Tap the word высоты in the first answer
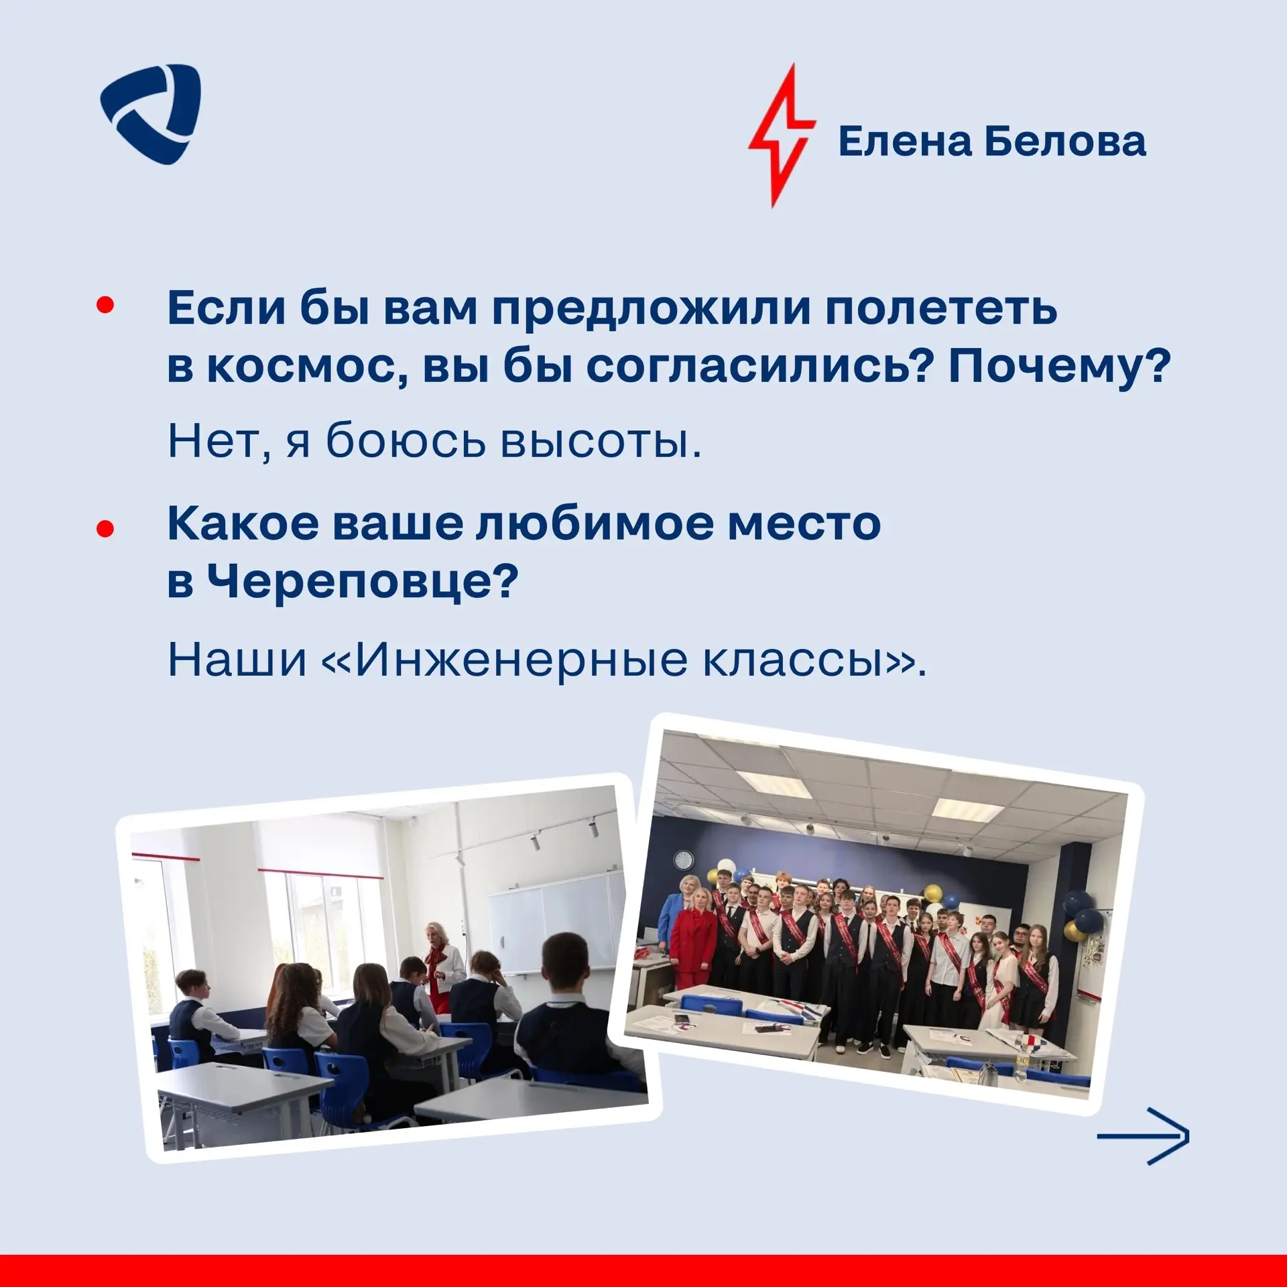coord(601,442)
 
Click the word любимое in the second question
coord(595,524)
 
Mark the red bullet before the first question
coord(106,306)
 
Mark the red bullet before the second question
coord(106,530)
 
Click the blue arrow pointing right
coord(1143,1137)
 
